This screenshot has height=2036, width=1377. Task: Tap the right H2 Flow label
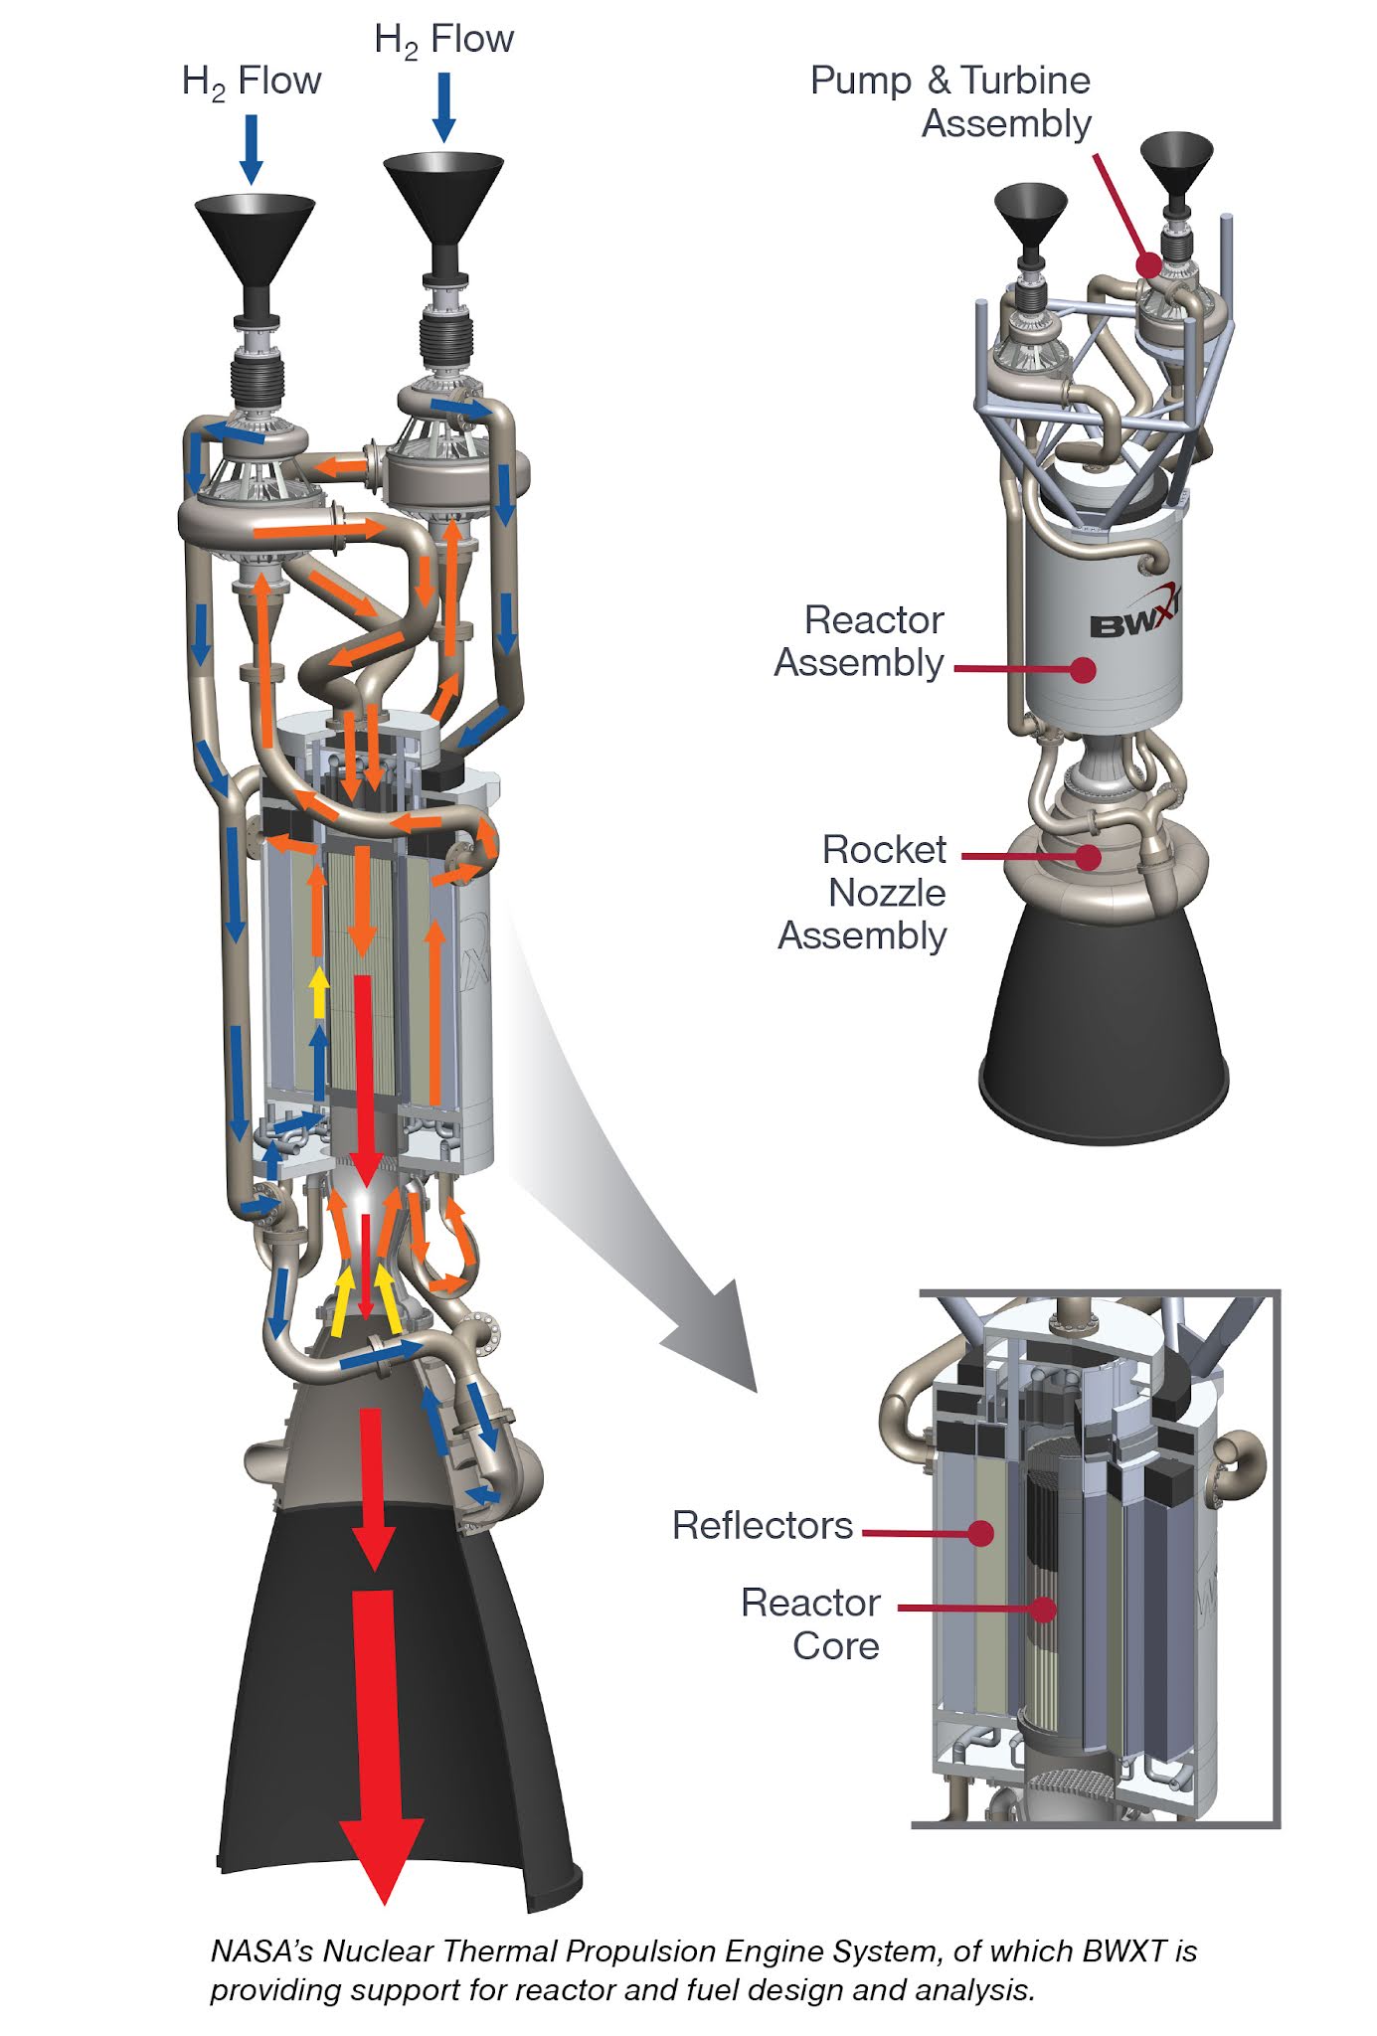point(444,40)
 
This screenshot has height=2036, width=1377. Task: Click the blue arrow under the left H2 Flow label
point(252,149)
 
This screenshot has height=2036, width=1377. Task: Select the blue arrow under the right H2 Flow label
point(444,107)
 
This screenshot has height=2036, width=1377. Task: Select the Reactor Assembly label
point(860,641)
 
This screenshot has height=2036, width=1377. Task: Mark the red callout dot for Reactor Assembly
point(1084,669)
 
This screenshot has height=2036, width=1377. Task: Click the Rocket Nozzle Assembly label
point(864,893)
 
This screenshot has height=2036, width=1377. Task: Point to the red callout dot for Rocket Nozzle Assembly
point(1090,856)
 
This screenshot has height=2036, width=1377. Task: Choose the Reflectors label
point(763,1525)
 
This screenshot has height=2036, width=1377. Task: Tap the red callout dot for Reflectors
point(981,1532)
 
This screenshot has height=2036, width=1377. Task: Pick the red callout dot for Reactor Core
point(1042,1608)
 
